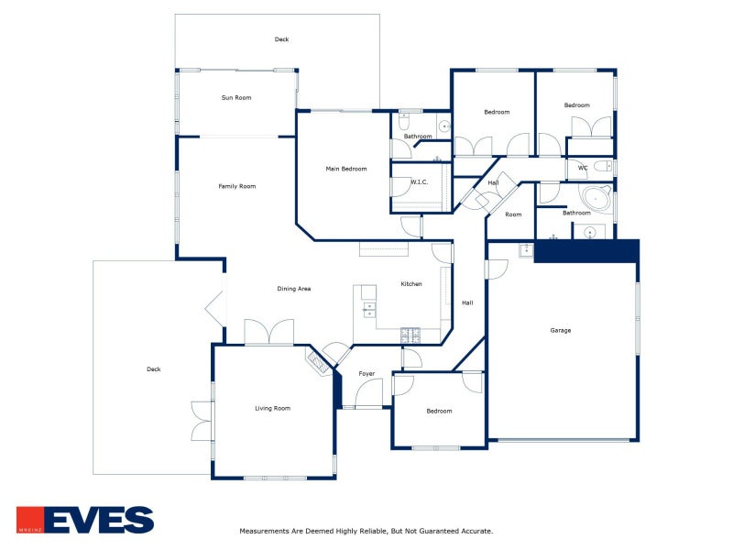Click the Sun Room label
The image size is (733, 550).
click(236, 98)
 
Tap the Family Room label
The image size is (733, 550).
click(237, 186)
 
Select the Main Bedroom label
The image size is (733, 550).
click(346, 169)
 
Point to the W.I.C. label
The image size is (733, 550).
click(420, 181)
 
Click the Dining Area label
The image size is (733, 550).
click(293, 289)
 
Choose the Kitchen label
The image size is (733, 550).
click(411, 284)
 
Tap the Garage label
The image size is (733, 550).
click(561, 330)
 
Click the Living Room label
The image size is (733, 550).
click(272, 408)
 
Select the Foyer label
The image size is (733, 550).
click(366, 374)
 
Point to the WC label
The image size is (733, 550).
click(583, 168)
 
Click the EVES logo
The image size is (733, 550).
click(85, 520)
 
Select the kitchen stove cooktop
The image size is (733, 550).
click(410, 335)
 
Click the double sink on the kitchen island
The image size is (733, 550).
click(369, 310)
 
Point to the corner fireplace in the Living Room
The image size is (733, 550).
click(319, 360)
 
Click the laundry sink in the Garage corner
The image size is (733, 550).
click(526, 250)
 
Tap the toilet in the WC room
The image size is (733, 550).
click(603, 166)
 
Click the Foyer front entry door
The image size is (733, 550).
click(369, 394)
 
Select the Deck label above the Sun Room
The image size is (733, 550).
click(281, 39)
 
